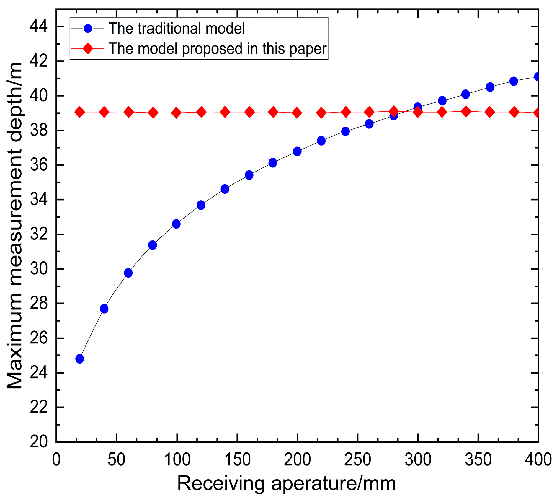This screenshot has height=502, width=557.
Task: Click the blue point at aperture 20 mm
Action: coord(80,359)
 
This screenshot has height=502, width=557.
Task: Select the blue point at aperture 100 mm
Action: coord(176,224)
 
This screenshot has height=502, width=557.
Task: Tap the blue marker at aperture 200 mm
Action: coord(297,151)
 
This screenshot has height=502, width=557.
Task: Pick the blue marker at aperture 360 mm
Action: coord(490,87)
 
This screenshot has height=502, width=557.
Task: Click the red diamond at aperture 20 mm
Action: coord(80,112)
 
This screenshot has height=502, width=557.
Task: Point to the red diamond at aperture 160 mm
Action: coord(249,112)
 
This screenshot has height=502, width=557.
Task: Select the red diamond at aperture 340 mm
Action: coord(466,112)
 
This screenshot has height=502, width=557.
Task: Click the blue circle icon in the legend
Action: coord(88,28)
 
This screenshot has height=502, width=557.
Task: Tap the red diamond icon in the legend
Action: coord(88,48)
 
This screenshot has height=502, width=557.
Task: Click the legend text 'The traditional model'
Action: coord(177,29)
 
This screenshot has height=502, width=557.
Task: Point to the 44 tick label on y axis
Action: coord(38,27)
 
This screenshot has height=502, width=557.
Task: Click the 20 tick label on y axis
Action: coord(38,442)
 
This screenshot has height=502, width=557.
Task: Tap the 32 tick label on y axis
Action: coord(38,234)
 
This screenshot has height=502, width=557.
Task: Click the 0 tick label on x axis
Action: coord(56,460)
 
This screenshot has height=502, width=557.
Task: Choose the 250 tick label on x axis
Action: coord(357,460)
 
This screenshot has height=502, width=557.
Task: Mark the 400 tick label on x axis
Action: coord(538,460)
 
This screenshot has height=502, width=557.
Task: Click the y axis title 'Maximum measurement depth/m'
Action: coord(15,226)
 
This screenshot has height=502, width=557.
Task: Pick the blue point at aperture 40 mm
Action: coord(104,309)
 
